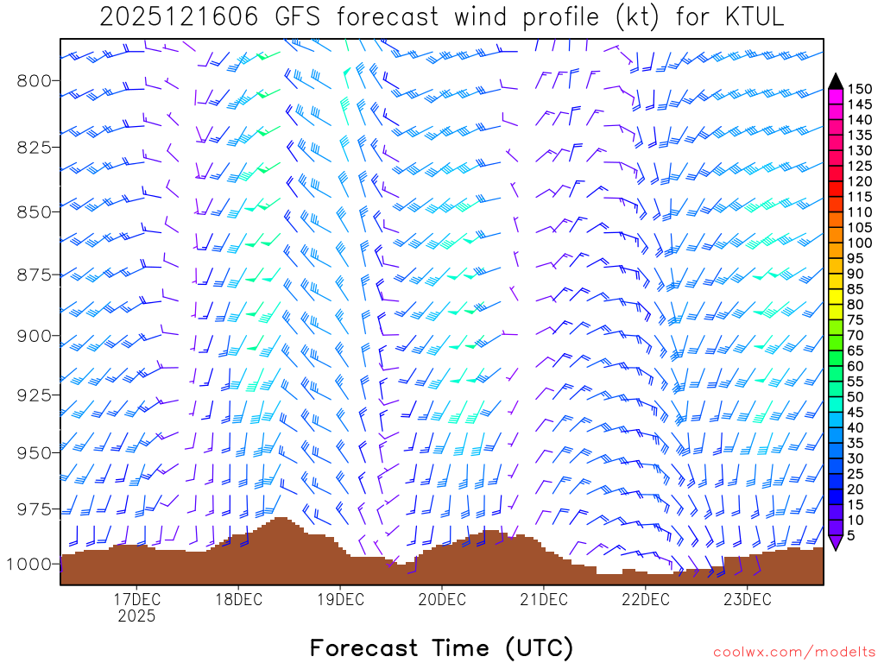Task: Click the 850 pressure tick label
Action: [x=35, y=212]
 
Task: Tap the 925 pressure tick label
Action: [x=35, y=395]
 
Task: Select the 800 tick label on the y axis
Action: [x=35, y=81]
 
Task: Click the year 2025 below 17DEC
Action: [x=136, y=616]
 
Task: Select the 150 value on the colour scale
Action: [x=860, y=89]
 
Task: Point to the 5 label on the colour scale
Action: [x=852, y=535]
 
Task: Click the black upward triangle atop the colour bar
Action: [x=836, y=81]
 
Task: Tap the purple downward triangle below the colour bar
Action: [x=836, y=542]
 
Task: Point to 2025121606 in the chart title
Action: [x=178, y=17]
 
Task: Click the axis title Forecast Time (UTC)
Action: [x=441, y=647]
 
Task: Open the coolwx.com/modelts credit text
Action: [x=793, y=651]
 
